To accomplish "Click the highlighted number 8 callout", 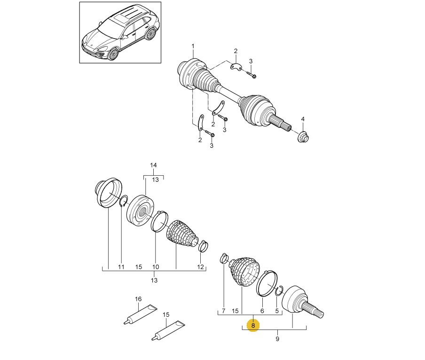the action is (253, 325).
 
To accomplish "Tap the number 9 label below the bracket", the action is (277, 338).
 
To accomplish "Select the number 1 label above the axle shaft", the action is (193, 47).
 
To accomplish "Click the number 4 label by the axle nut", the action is (303, 119).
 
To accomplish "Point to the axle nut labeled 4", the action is (303, 137).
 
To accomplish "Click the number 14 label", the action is (153, 165).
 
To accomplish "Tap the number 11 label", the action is (121, 267).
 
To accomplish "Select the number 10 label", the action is (156, 267).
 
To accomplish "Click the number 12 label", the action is (200, 267).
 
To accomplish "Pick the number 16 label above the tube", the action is (138, 299).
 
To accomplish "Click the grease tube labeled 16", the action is (140, 314).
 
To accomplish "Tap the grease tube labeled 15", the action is (168, 330).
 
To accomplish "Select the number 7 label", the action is (224, 311).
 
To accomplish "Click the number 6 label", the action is (262, 311).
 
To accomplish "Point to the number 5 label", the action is (277, 311).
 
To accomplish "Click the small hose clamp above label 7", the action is (224, 258).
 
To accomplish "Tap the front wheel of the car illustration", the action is (113, 54).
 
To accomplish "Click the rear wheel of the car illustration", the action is (150, 33).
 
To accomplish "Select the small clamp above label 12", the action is (203, 246).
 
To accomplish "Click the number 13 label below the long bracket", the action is (154, 280).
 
